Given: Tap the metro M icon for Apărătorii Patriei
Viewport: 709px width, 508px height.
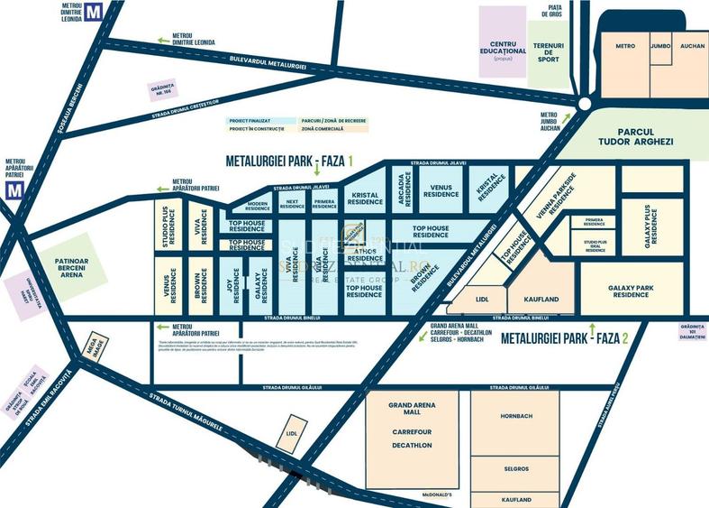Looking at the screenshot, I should pos(13,190).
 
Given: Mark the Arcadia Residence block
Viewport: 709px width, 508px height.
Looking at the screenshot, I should pos(400,189).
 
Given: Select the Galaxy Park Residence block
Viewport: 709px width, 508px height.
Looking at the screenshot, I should pos(630,289).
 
